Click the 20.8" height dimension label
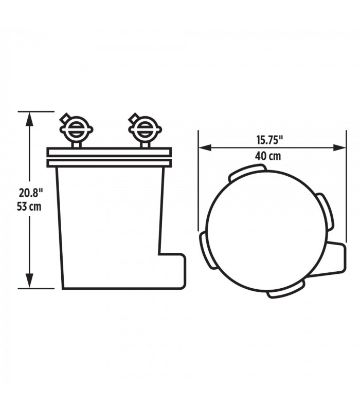(30, 193)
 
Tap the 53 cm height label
(29, 207)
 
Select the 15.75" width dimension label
(269, 140)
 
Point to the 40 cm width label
(268, 156)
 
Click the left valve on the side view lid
(76, 129)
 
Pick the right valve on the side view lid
(145, 129)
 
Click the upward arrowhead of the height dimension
(30, 120)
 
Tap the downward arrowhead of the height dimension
(30, 281)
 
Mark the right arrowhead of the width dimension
(339, 147)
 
